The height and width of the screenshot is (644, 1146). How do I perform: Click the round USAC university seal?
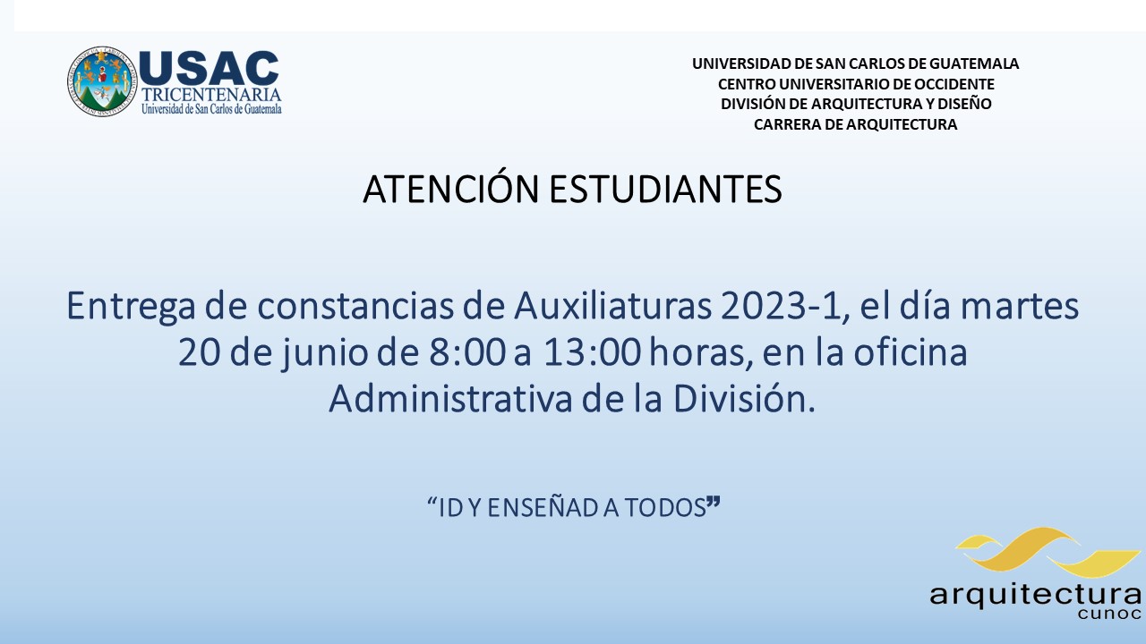pos(102,81)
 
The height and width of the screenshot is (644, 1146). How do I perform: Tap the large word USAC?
pos(209,68)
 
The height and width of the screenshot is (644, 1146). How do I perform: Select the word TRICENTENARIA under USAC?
pos(211,95)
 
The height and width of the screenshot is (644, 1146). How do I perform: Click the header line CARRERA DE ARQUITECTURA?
pos(855,124)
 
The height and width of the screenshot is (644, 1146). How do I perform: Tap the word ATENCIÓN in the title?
pos(450,188)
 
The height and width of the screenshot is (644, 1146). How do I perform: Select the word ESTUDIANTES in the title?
pos(665,189)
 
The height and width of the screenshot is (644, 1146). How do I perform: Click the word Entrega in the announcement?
pos(131,307)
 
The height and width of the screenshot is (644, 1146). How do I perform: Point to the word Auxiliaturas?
pos(612,306)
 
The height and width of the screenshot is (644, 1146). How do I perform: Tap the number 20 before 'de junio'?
pos(200,352)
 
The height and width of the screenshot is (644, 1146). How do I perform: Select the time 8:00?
pos(467,352)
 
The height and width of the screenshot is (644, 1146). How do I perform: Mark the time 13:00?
pos(592,352)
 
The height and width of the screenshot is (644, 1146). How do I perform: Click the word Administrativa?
pos(450,399)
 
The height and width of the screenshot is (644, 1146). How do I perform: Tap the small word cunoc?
pos(1109,614)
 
